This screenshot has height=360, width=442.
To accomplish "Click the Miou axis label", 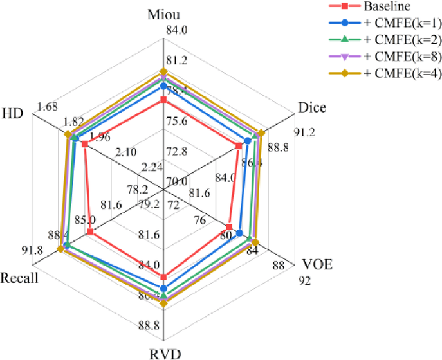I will pyautogui.click(x=163, y=14).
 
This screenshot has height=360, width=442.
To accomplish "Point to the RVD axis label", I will pyautogui.click(x=163, y=352).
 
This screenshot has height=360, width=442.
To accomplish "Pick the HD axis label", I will pyautogui.click(x=13, y=111).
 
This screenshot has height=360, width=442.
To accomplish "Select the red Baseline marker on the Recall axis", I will pyautogui.click(x=90, y=232).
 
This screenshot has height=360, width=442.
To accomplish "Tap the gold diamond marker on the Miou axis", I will pyautogui.click(x=163, y=71).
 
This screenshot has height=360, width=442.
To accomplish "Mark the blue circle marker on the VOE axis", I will pyautogui.click(x=240, y=233).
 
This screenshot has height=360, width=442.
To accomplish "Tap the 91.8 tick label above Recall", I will pyautogui.click(x=31, y=251).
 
